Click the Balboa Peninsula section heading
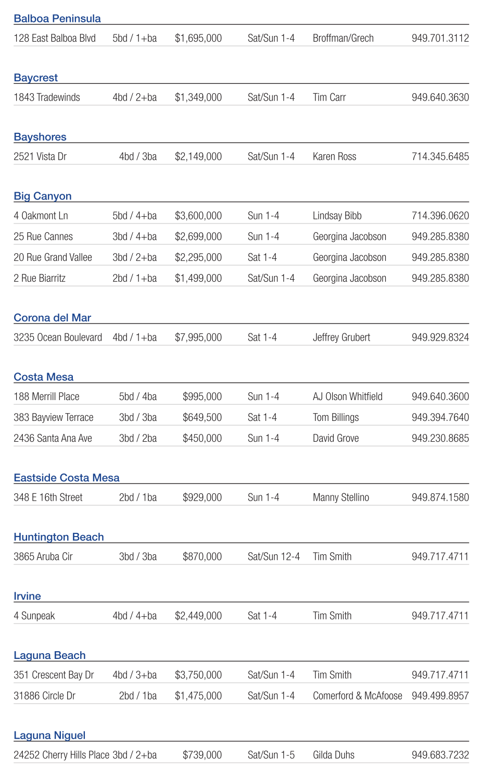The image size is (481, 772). [x=57, y=19]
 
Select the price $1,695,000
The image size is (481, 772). [x=198, y=38]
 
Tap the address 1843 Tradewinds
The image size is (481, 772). [x=47, y=97]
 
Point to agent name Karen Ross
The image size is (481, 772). [x=334, y=157]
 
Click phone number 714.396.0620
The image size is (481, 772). [x=440, y=216]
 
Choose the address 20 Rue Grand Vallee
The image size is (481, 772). [x=53, y=257]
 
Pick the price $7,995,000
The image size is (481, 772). [x=198, y=338]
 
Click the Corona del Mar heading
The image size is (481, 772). [x=52, y=318]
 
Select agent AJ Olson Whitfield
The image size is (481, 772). [x=347, y=396]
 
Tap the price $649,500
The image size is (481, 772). [x=202, y=417]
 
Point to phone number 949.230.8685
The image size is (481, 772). [x=440, y=438]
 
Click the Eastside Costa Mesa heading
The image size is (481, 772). [x=67, y=478]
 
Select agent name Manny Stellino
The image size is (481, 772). [x=340, y=497]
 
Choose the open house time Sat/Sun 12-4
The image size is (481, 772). [x=273, y=556]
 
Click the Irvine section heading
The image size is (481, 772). [x=27, y=596]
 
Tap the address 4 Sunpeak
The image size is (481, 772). [x=34, y=616]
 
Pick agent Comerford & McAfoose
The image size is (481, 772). [x=357, y=695]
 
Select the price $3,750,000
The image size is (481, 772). [x=198, y=675]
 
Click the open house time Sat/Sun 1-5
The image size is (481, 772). [x=271, y=755]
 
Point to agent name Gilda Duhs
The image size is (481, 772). [x=333, y=755]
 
